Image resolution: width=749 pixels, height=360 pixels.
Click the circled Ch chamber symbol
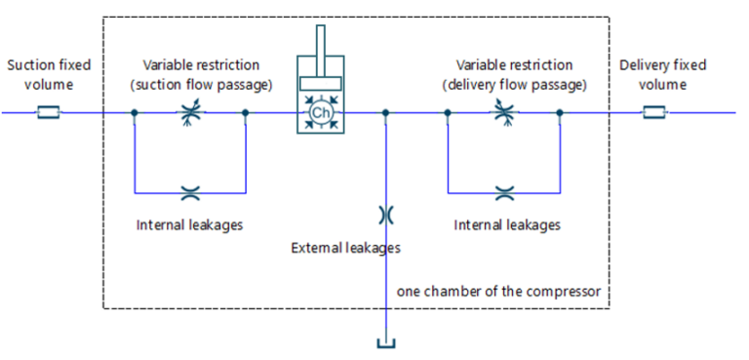click(x=320, y=113)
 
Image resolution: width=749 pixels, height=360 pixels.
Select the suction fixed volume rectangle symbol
click(x=48, y=113)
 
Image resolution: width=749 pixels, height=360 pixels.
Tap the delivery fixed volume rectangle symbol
click(x=653, y=113)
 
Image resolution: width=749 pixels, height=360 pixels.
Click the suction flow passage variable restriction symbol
click(x=190, y=113)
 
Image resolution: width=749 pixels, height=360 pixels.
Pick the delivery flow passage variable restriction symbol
click(x=504, y=113)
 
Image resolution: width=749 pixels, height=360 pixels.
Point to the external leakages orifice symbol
click(x=385, y=215)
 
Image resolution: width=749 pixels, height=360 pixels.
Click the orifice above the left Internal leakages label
click(x=190, y=193)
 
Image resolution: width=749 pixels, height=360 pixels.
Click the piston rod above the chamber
click(x=321, y=41)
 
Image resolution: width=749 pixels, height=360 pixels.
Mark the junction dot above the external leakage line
click(x=385, y=113)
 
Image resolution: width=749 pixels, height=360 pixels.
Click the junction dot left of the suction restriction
click(x=135, y=113)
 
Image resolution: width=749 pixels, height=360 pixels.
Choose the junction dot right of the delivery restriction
click(x=560, y=113)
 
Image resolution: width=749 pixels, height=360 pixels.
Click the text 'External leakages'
click(x=346, y=248)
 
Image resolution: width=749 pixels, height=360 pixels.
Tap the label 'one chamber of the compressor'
click(x=498, y=291)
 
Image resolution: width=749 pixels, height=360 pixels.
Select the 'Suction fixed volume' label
click(x=49, y=74)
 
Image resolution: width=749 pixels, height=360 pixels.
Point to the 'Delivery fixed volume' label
click(x=662, y=74)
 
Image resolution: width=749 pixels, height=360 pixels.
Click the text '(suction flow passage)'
click(x=202, y=86)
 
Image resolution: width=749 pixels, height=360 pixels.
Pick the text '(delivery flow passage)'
click(x=515, y=86)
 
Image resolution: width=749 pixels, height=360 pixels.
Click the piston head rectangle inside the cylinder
click(x=320, y=83)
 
